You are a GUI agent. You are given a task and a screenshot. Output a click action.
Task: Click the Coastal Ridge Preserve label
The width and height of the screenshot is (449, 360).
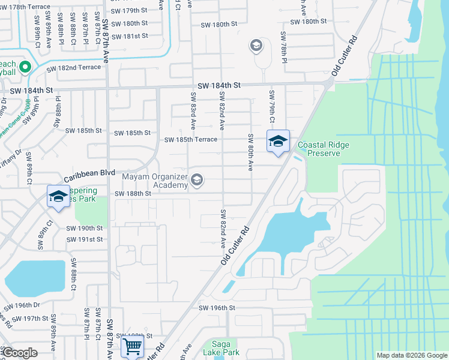pos(324,149)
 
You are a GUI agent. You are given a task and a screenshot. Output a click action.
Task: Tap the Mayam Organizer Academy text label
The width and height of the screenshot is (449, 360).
pos(154,181)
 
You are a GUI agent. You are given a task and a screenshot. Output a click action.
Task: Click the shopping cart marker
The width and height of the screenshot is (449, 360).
pos(131,346)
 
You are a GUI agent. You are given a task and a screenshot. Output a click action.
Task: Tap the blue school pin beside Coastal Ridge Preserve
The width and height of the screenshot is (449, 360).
pos(278,142)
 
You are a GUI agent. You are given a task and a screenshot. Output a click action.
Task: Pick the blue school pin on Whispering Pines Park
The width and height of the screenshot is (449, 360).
pos(59,197)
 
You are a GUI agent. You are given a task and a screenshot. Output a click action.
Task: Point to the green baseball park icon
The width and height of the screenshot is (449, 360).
pos(25,67)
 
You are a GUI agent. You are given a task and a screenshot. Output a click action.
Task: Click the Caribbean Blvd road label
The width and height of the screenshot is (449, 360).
pos(89,173)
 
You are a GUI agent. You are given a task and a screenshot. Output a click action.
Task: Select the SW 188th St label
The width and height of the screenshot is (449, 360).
pos(133,194)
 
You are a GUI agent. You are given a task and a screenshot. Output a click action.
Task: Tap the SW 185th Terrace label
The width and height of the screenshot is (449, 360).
pos(190,140)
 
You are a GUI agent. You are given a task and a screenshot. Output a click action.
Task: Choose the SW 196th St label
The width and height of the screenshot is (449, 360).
pos(217,308)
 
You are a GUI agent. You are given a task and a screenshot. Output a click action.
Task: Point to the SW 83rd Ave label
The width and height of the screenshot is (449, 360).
pos(193,110)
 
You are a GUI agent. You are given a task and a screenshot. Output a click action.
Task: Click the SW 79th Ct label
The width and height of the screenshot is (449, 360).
pos(272,107)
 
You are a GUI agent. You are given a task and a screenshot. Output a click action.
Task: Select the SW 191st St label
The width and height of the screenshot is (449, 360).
pos(85,239)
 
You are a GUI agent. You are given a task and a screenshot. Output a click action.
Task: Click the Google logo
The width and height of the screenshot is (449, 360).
pos(19,353)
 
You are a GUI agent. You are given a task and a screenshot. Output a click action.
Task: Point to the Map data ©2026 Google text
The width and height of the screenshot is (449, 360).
pos(411,355)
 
